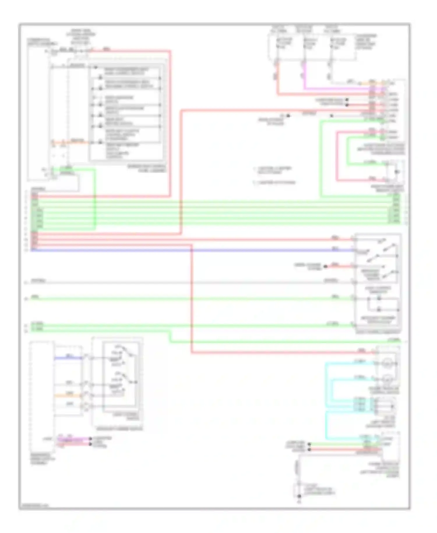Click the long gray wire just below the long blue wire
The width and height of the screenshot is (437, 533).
coord(175,282)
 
